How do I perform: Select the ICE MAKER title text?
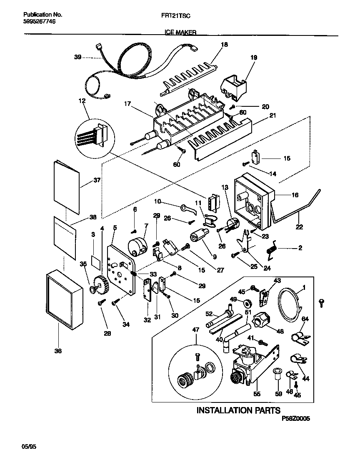(x=180, y=32)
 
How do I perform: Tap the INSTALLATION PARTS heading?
(x=238, y=410)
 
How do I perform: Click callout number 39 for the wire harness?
(x=77, y=58)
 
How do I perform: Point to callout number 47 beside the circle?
(x=195, y=329)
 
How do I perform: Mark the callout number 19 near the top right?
(x=253, y=59)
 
